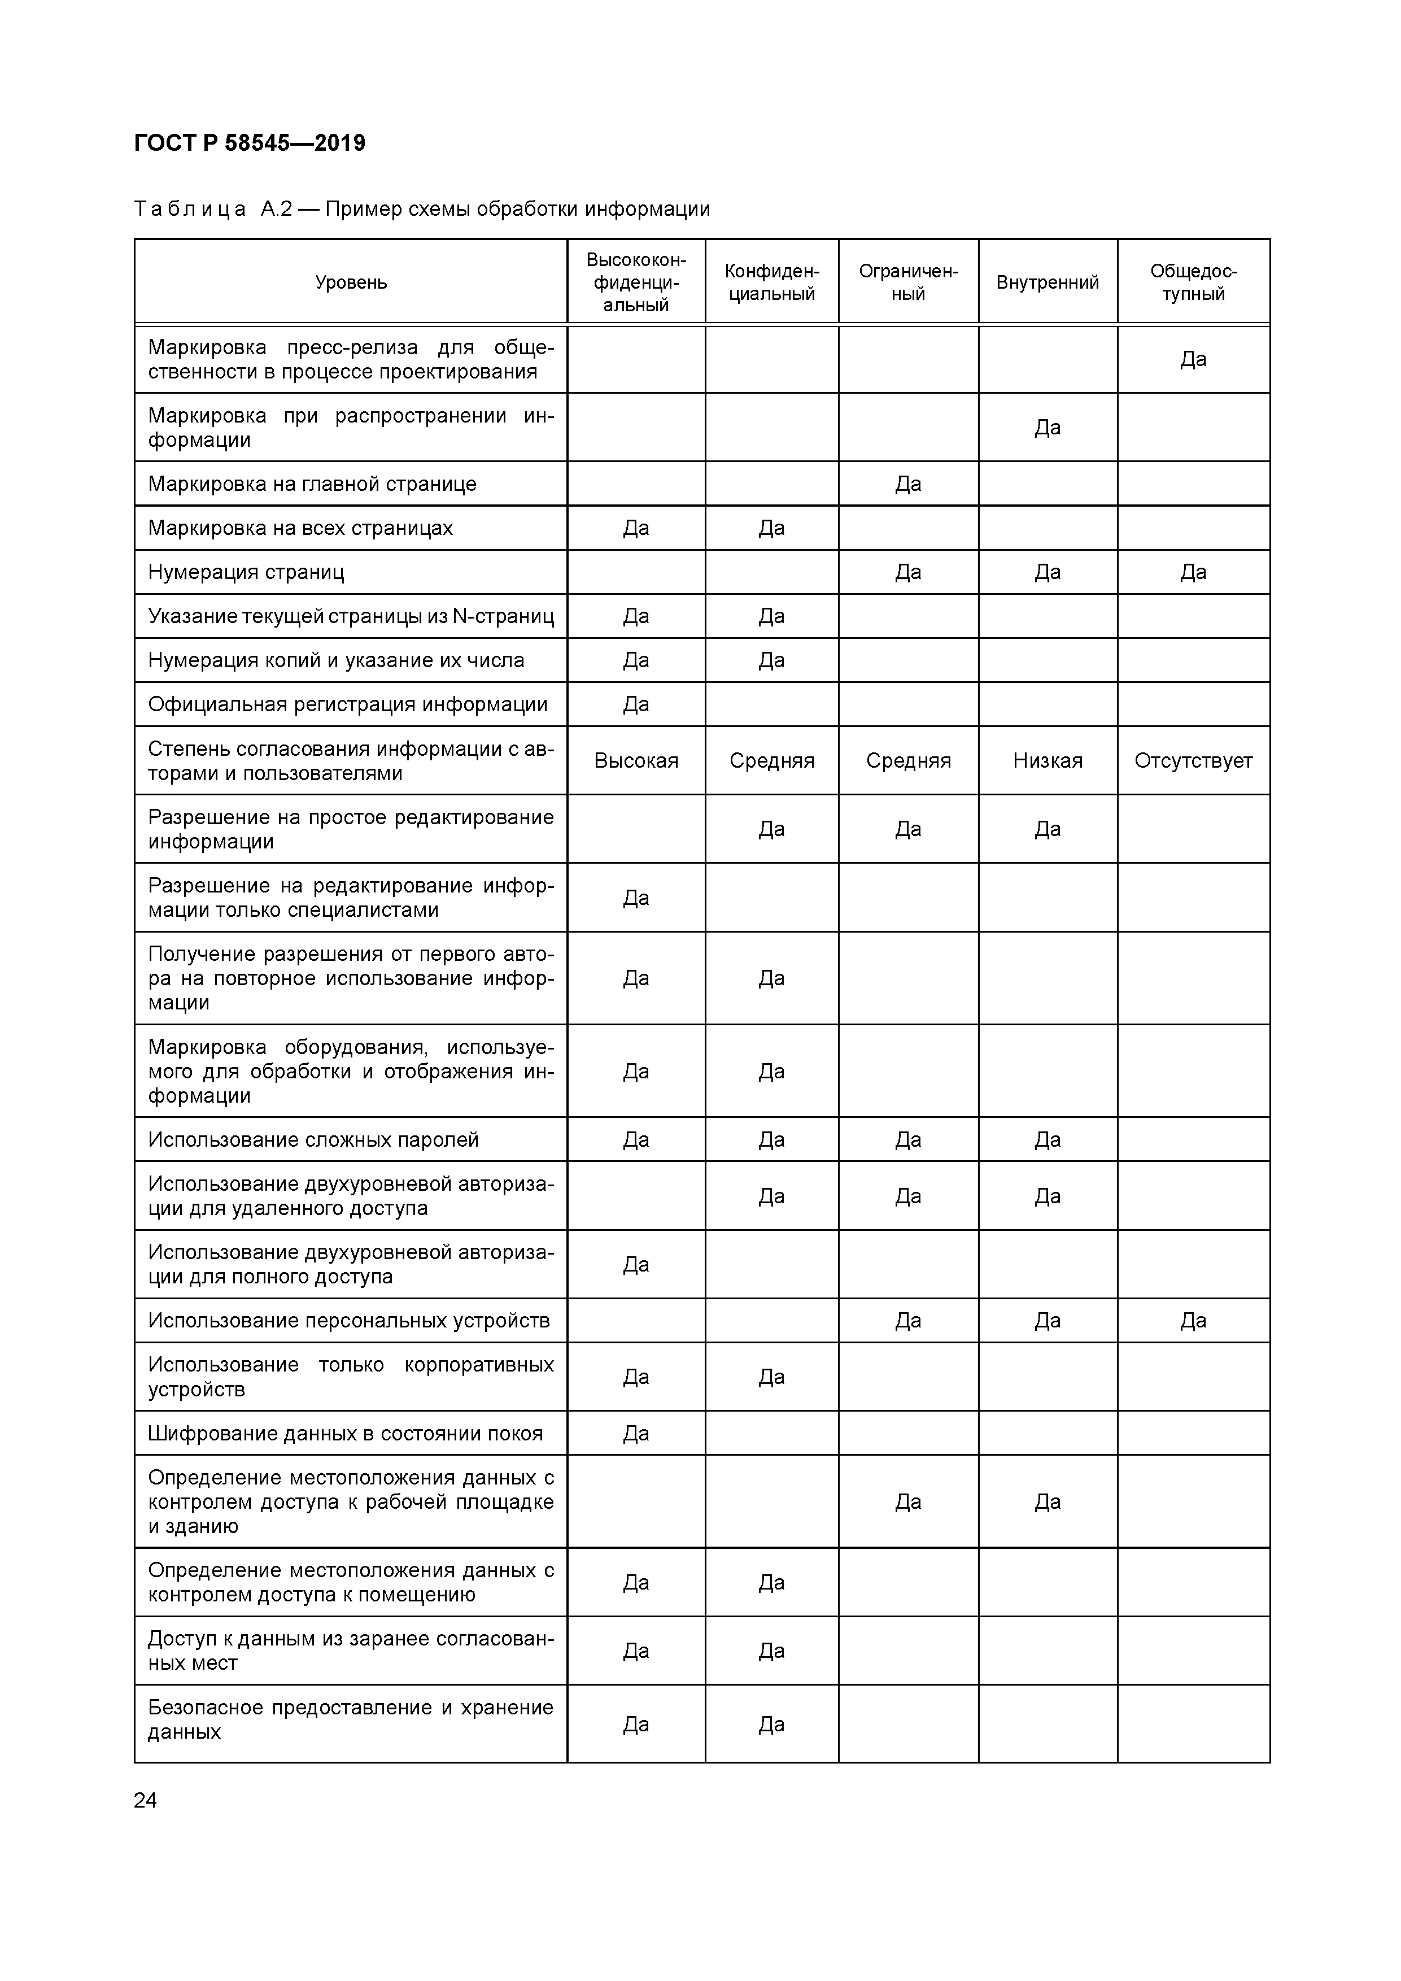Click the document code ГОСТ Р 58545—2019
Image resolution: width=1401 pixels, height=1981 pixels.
pyautogui.click(x=250, y=143)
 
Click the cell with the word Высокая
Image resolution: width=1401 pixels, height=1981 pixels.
pyautogui.click(x=636, y=761)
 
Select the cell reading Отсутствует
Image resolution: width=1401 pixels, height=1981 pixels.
pyautogui.click(x=1193, y=761)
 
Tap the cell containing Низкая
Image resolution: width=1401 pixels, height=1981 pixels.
pyautogui.click(x=1048, y=761)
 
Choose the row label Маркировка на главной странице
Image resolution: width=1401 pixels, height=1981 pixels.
pyautogui.click(x=312, y=484)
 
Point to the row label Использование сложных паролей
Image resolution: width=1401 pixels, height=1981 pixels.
pyautogui.click(x=313, y=1140)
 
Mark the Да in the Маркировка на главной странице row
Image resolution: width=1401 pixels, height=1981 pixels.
pyautogui.click(x=909, y=484)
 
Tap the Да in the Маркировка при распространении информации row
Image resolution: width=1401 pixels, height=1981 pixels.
pyautogui.click(x=1048, y=428)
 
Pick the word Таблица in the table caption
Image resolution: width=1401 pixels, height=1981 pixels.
pyautogui.click(x=190, y=210)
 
